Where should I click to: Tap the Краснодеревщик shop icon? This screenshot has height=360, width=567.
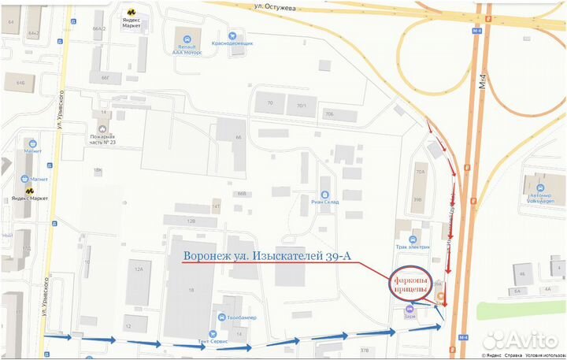pos(232,35)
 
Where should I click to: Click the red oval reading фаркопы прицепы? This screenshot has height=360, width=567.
pos(410,287)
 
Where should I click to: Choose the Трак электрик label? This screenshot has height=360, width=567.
pos(413,247)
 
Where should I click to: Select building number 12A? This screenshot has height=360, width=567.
pos(139,269)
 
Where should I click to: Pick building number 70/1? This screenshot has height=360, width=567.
pos(300,105)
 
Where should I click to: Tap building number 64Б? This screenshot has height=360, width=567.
pos(19,82)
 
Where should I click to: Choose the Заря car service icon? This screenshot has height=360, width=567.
pos(409,309)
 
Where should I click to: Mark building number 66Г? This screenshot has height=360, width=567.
pos(105,77)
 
